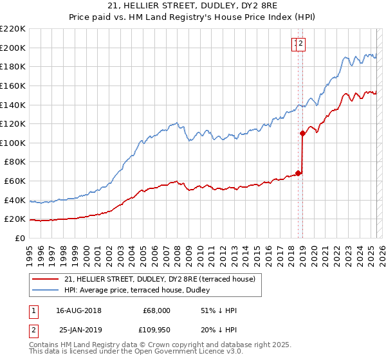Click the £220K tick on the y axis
coord(13,29)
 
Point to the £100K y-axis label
coord(13,143)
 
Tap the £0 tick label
coord(20,238)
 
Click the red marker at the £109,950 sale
coord(302,134)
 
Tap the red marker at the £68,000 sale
coord(298,173)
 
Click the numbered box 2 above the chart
coord(301,44)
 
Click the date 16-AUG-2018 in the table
coord(78,310)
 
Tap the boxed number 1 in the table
coord(33,310)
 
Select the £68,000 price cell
coord(156,310)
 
